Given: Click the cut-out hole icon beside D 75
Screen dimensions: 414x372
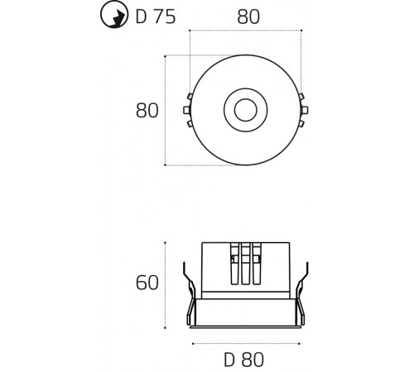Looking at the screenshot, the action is pos(114,15).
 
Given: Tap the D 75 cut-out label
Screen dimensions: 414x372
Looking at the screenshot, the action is pos(156,17).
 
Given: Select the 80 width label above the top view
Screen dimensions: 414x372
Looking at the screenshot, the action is pos(248,17).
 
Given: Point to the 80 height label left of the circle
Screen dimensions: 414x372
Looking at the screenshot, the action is pos(147,111).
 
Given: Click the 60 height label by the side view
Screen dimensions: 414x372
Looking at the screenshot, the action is pos(147,283).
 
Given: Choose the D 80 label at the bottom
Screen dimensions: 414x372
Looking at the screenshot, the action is pos(243,360).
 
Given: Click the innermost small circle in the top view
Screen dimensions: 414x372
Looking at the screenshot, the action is pos(246,110).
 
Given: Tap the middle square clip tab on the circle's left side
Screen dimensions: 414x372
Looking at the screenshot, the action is pos(186,110).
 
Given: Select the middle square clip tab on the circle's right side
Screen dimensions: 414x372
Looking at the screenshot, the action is pos(305,110).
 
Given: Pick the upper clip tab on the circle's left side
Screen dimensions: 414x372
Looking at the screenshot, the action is pos(190,97).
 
